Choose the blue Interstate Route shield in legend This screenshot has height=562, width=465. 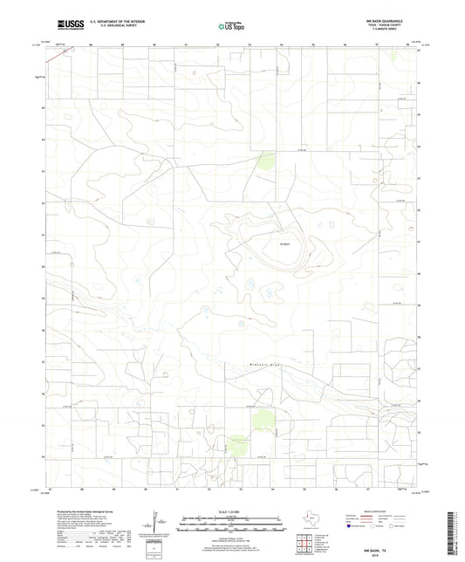tap(352, 527)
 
